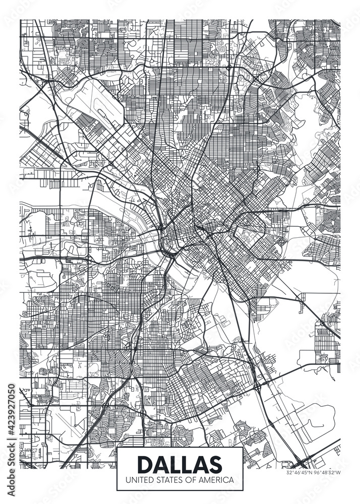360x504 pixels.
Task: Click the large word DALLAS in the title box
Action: coord(179,463)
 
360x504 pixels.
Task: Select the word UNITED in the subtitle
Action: coord(140,480)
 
